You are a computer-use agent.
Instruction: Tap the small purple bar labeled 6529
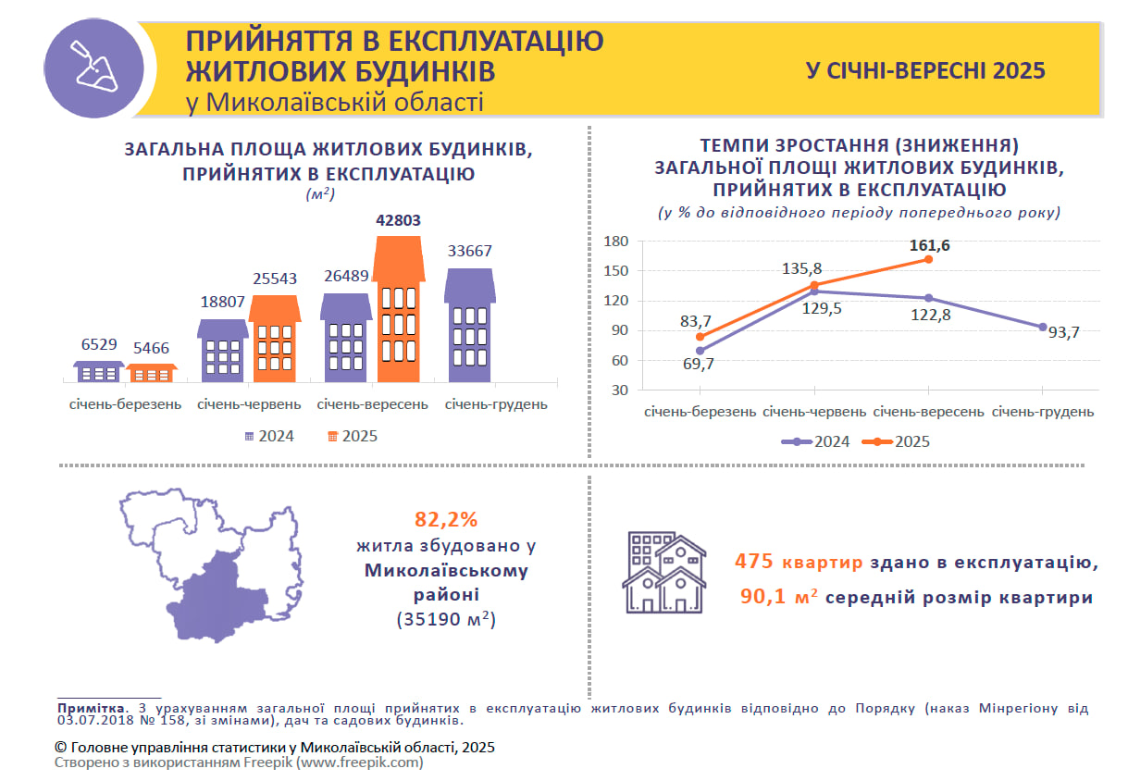click(x=98, y=372)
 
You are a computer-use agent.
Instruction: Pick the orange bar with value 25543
click(x=275, y=340)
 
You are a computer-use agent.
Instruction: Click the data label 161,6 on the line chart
click(x=930, y=246)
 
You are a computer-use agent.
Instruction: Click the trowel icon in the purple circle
click(x=94, y=68)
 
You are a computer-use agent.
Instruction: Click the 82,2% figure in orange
click(x=446, y=519)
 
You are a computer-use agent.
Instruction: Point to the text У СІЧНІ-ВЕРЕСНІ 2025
click(x=924, y=70)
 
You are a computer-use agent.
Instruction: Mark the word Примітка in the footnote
click(x=88, y=708)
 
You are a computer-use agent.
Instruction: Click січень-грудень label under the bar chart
click(x=496, y=404)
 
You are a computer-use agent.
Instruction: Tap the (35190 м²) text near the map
click(x=446, y=619)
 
